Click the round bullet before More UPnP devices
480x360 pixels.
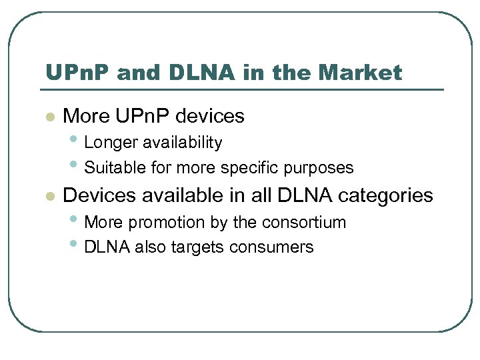point(48,117)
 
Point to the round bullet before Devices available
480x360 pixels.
point(48,197)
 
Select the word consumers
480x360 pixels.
point(271,247)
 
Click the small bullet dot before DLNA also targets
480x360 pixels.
point(77,245)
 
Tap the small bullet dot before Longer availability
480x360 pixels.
point(77,140)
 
